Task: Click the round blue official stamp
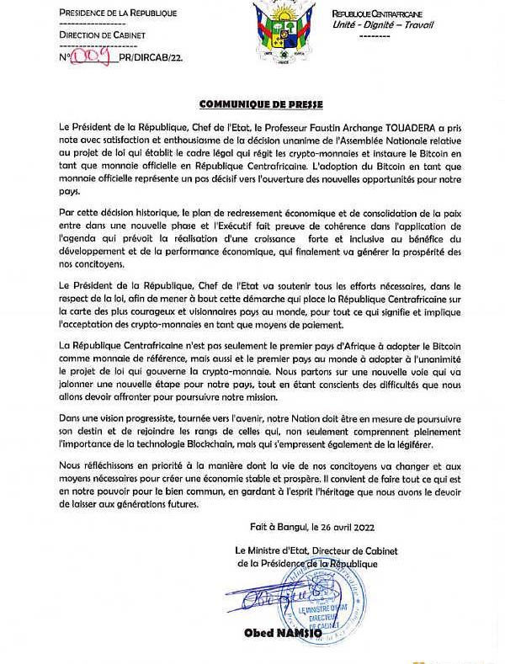[324, 602]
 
